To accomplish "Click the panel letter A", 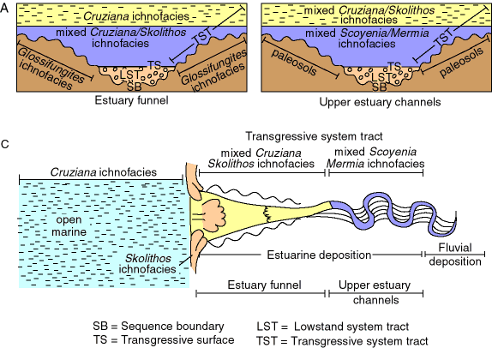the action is (x=4, y=9).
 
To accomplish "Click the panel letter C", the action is (x=4, y=144).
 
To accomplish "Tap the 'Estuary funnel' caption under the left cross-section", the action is (x=131, y=101).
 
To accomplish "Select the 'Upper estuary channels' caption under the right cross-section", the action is (x=380, y=102).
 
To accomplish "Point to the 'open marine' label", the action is (x=69, y=225).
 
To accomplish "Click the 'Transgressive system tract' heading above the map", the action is (x=314, y=136).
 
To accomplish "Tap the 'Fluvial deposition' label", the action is (x=455, y=255).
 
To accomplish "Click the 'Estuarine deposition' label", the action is (x=319, y=255).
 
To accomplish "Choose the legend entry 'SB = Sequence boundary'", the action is (x=159, y=326).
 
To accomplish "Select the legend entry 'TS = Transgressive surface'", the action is (x=164, y=340).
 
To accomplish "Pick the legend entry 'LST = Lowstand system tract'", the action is (x=333, y=327).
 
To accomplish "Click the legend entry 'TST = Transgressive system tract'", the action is (x=342, y=341).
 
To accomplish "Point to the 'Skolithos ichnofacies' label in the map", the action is (x=147, y=264).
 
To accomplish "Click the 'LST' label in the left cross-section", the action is (x=129, y=75).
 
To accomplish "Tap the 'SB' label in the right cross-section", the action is (x=380, y=87).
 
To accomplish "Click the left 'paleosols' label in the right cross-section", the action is (x=294, y=62).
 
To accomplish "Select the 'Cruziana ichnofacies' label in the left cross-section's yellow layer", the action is (x=136, y=16).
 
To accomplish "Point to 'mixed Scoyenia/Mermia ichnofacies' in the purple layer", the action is (x=367, y=38).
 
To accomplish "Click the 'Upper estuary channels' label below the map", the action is (x=375, y=292).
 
